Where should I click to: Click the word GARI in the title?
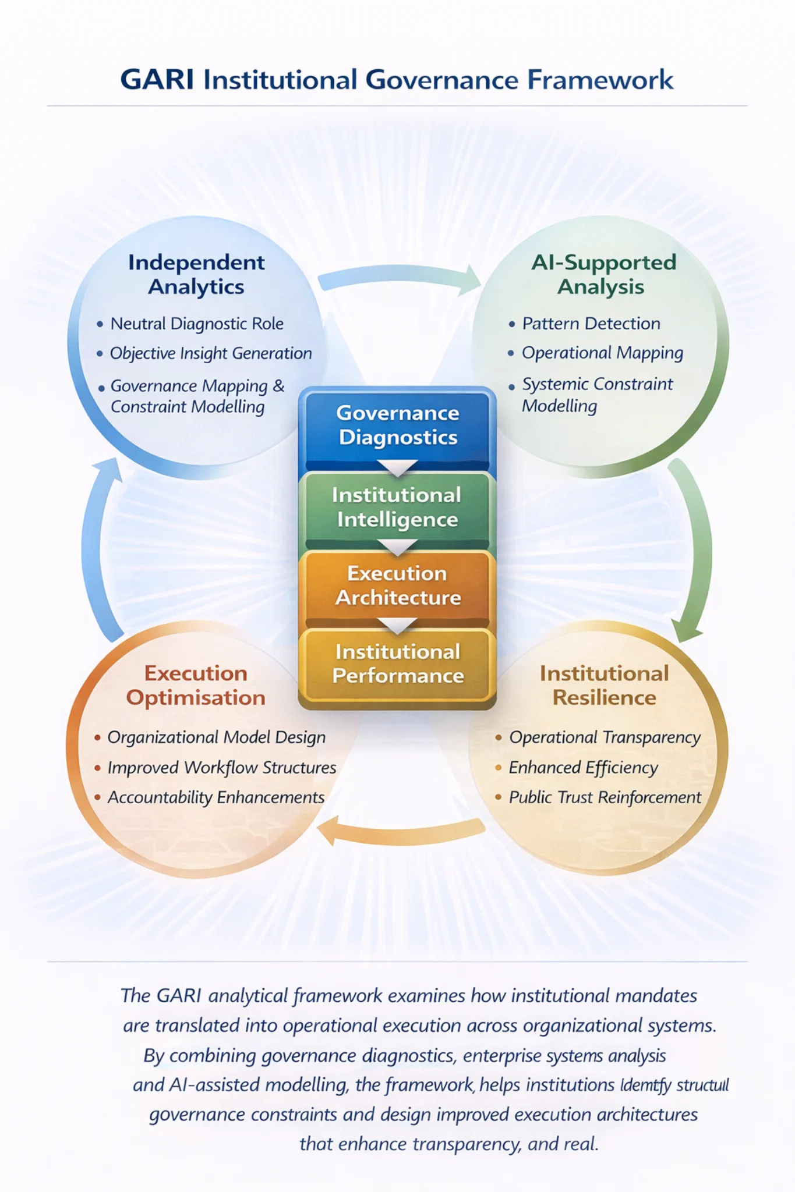[157, 80]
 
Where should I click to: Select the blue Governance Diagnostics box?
[397, 425]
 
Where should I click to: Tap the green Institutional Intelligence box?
[397, 507]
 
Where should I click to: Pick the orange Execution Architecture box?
[397, 586]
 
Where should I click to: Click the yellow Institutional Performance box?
[397, 664]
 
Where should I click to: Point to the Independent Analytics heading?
[196, 274]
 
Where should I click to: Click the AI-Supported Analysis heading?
[603, 274]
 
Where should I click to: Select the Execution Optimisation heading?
[196, 685]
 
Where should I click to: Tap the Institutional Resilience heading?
[604, 685]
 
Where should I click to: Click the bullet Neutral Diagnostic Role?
[197, 324]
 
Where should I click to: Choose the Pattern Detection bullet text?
[591, 324]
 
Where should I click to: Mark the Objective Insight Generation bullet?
[211, 353]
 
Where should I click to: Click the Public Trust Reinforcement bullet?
[605, 797]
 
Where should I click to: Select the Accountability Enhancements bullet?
[215, 797]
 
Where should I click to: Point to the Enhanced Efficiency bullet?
[583, 768]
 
